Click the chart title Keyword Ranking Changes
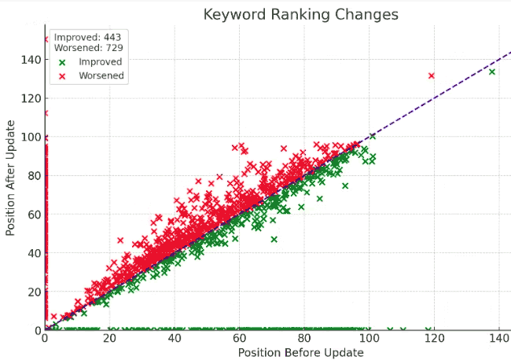(x=300, y=14)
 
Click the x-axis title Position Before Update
(x=300, y=353)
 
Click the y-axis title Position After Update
(x=10, y=179)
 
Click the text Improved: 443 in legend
(x=88, y=36)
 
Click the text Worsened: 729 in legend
(x=88, y=48)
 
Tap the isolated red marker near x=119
(x=431, y=75)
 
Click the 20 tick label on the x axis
(x=109, y=339)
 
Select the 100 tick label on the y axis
(x=30, y=138)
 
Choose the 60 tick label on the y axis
(x=33, y=215)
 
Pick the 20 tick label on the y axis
(x=33, y=292)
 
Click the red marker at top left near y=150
(x=46, y=39)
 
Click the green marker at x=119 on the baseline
(x=428, y=329)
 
